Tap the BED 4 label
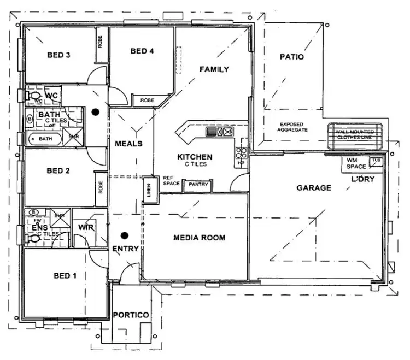[142, 51]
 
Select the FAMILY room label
[214, 69]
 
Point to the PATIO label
[292, 56]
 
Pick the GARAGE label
[314, 188]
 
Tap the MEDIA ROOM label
[199, 238]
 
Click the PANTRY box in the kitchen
[198, 185]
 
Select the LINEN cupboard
[148, 190]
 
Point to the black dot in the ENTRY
[125, 235]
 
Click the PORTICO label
[131, 315]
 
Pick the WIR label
[84, 227]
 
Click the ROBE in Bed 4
[147, 101]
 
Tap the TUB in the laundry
[375, 161]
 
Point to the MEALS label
[128, 144]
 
